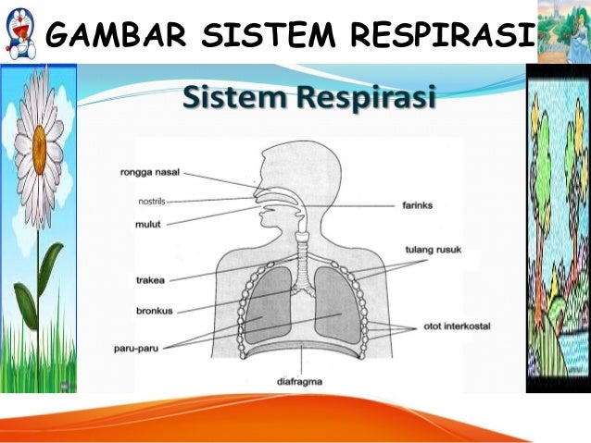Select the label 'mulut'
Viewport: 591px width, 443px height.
point(149,222)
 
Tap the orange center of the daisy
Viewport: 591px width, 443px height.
point(40,150)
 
